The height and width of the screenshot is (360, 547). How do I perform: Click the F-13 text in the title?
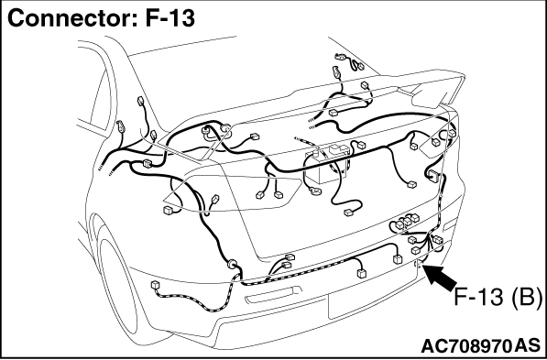click(x=170, y=18)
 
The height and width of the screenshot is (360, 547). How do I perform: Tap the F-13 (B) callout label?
click(x=498, y=297)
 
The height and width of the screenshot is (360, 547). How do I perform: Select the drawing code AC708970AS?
click(x=480, y=346)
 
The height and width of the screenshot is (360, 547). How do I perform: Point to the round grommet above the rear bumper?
click(x=232, y=264)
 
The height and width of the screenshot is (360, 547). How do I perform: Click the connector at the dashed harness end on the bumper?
click(x=155, y=285)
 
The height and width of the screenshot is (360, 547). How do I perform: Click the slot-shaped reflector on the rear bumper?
click(x=273, y=295)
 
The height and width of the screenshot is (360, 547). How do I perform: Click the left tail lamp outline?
click(x=232, y=193)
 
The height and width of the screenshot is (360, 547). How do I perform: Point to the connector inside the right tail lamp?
click(x=435, y=142)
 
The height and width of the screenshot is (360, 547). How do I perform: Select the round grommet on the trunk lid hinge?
click(x=226, y=128)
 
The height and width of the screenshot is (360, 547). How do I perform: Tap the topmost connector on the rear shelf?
click(x=339, y=56)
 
